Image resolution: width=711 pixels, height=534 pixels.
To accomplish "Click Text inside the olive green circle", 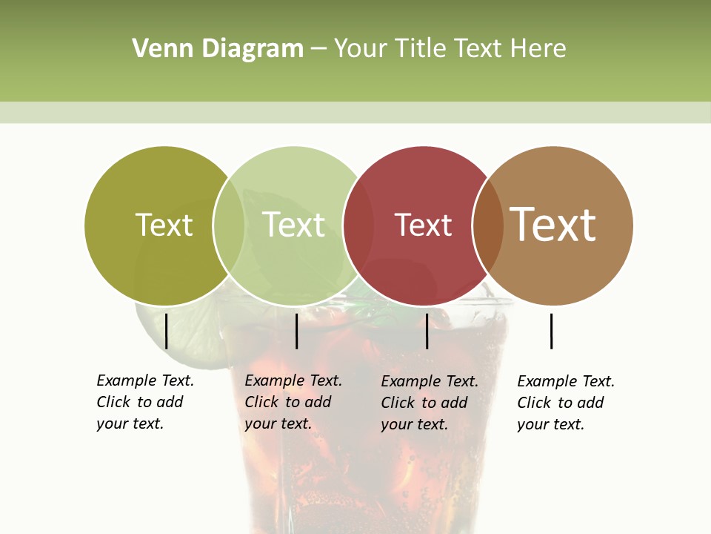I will (164, 225).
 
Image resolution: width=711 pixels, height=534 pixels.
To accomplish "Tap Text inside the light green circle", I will (294, 225).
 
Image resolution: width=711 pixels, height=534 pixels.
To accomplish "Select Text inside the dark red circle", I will (423, 225).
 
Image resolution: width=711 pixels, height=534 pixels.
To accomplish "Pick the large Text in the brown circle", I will (553, 225).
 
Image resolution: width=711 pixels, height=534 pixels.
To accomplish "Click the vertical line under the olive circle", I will (166, 331).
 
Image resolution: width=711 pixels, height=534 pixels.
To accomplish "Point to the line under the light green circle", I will (296, 331).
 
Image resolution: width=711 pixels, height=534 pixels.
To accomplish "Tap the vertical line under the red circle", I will (427, 331).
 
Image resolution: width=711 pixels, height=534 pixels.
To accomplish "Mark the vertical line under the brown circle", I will (551, 331).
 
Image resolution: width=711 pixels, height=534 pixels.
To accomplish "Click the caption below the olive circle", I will (145, 402).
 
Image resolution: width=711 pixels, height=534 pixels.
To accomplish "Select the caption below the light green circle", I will (293, 402).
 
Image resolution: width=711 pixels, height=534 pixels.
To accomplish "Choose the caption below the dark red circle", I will (430, 403).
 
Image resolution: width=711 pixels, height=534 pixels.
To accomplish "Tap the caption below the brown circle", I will (566, 403).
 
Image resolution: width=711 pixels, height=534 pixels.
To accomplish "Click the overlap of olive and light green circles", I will (229, 225).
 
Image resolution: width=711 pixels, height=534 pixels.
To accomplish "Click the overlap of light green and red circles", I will (358, 225).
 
